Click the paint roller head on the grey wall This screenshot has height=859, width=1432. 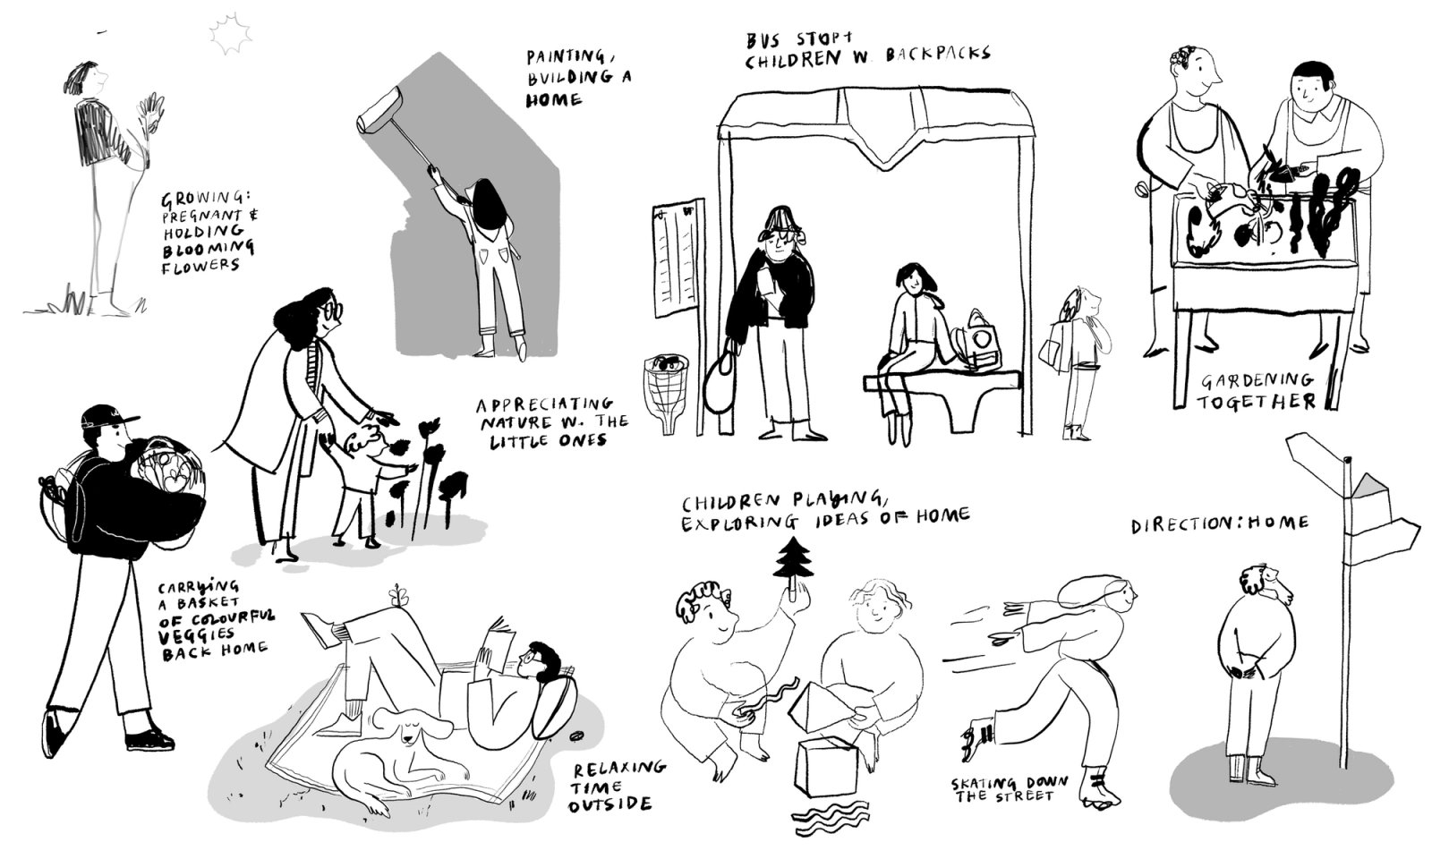click(x=379, y=110)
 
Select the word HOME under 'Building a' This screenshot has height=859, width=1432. click(x=554, y=99)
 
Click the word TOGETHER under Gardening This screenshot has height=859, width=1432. click(x=1257, y=402)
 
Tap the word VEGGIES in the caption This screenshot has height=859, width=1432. click(x=197, y=634)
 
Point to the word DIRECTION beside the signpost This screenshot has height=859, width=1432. click(x=1176, y=525)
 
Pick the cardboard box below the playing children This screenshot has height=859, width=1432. click(x=825, y=767)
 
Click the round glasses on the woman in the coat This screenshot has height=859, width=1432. click(x=332, y=311)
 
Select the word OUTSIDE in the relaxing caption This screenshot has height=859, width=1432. click(x=609, y=805)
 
